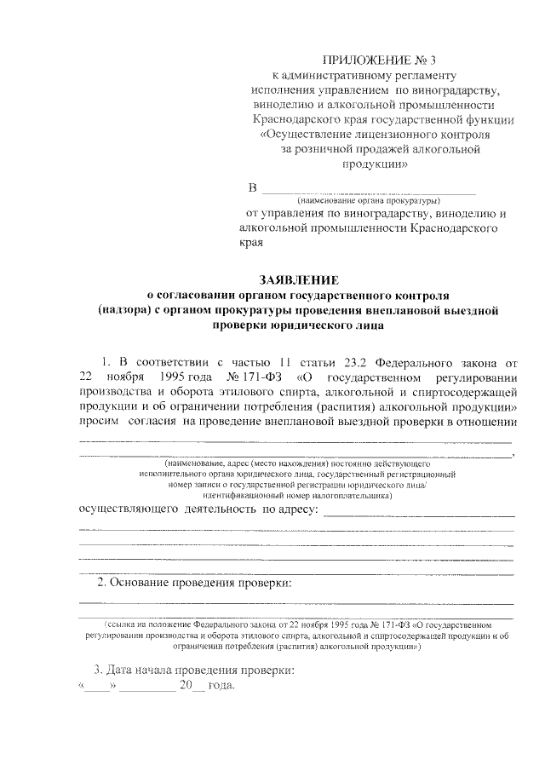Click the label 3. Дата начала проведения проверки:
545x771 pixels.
(193, 670)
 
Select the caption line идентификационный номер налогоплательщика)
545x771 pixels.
(297, 493)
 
